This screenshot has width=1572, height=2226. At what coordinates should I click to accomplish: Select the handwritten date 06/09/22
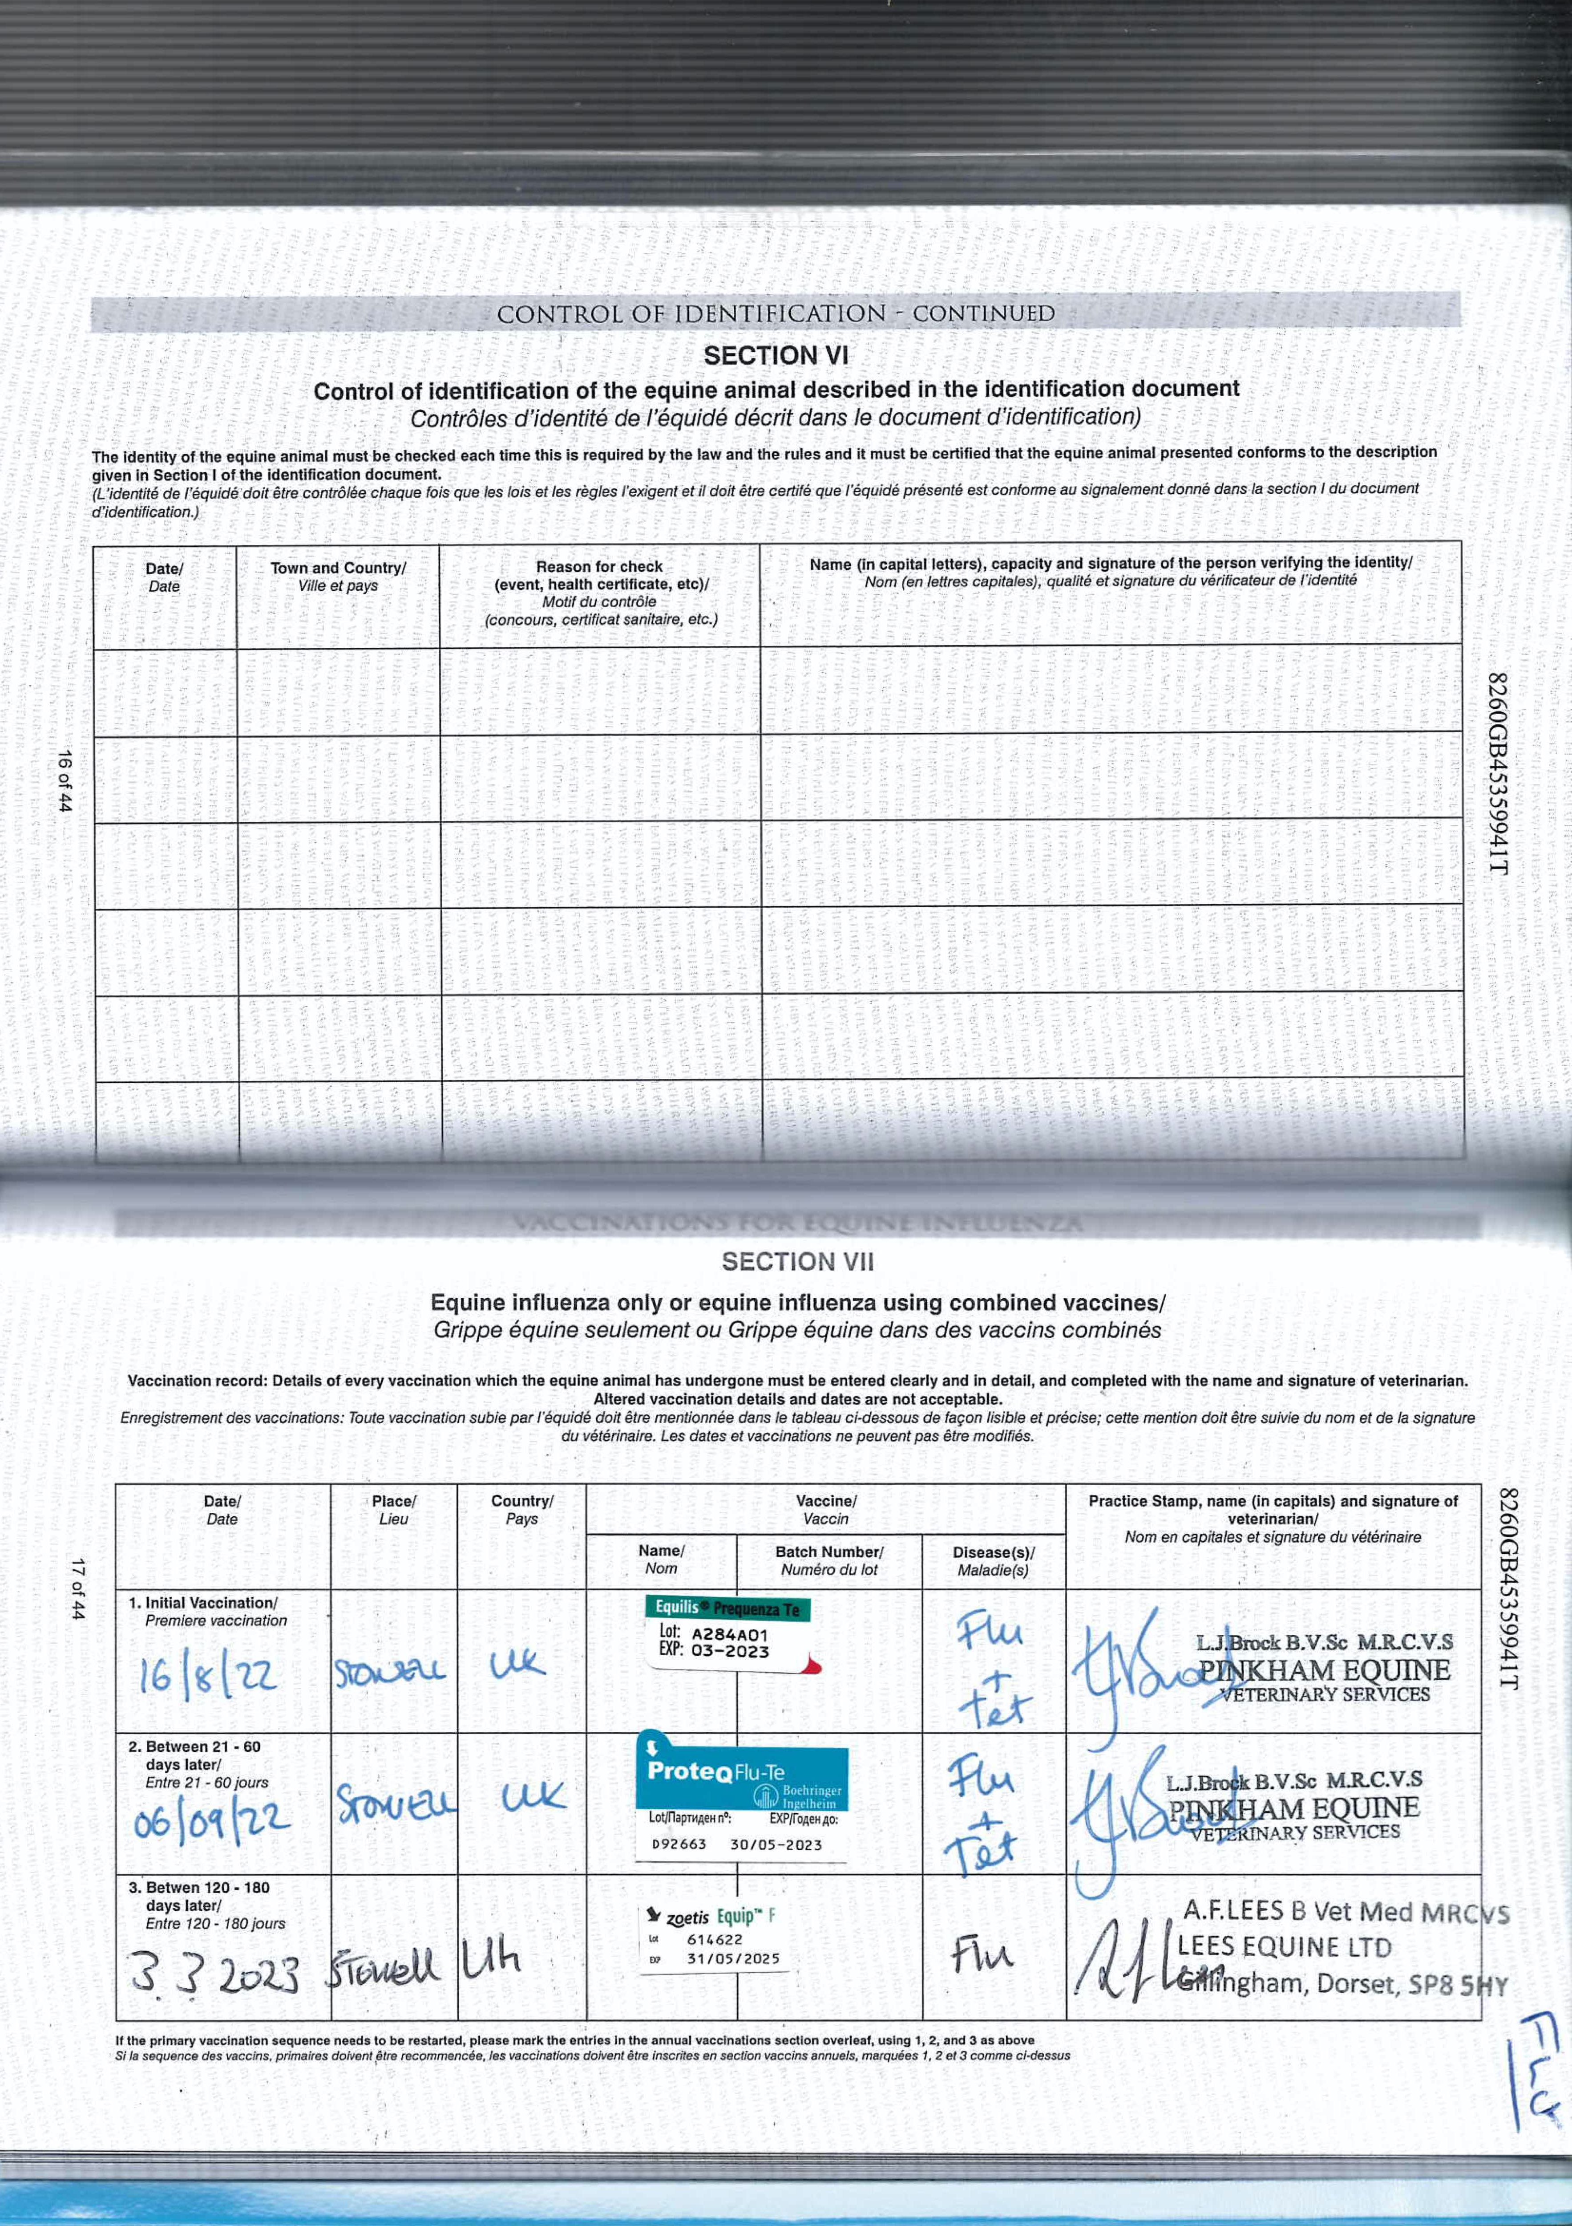[x=211, y=1820]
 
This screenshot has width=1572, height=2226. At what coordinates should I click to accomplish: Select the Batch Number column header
[x=828, y=1560]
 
